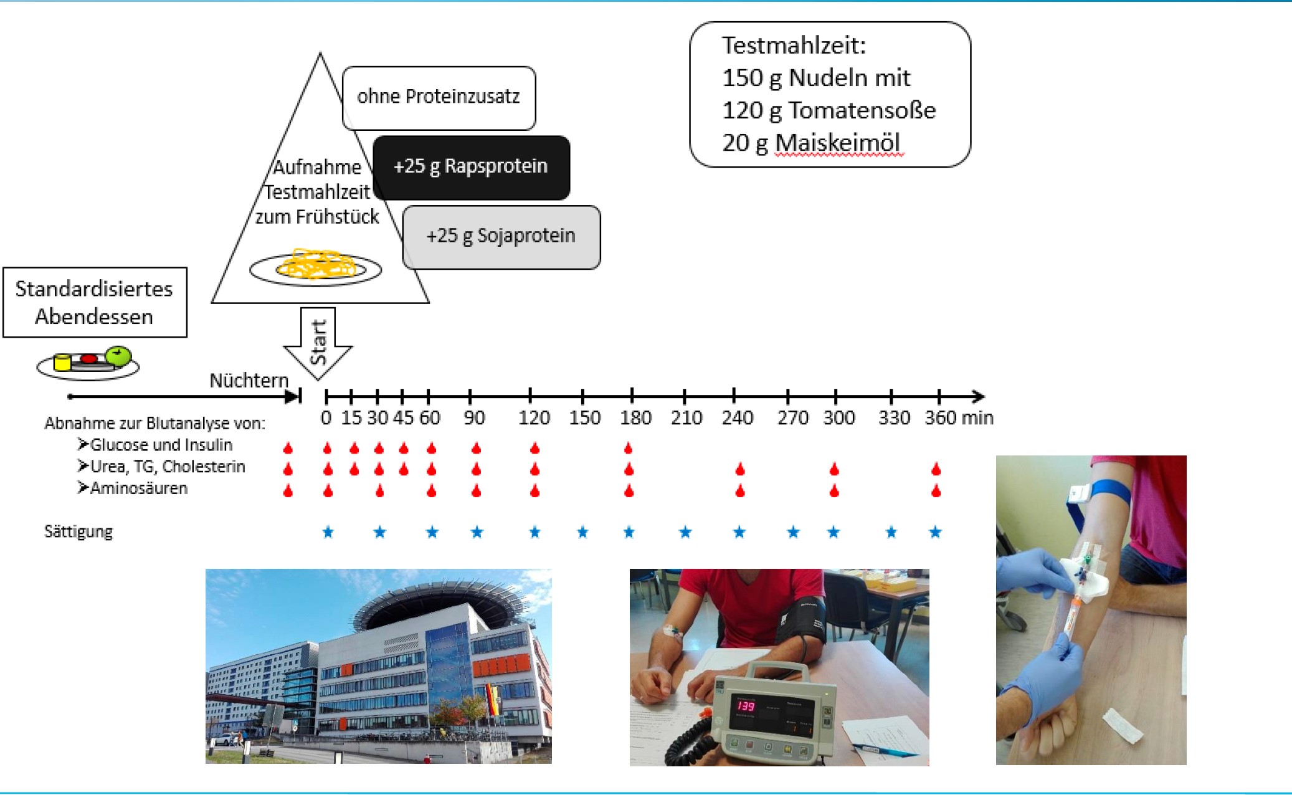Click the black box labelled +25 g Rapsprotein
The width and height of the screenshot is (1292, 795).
coord(471,167)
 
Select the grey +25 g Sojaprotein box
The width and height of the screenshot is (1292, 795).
coord(501,237)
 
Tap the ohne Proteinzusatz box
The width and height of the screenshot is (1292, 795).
coord(439,97)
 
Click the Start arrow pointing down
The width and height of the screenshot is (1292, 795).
coord(318,343)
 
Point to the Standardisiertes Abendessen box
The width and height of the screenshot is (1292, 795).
coord(95,302)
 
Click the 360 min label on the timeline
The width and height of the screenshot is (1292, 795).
coord(958,417)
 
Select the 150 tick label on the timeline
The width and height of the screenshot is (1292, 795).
coord(584,417)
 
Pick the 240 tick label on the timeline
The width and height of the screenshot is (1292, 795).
coord(737,417)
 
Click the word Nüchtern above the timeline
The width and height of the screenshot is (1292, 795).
coord(249,380)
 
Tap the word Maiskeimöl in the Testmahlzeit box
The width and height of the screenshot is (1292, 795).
coord(837,143)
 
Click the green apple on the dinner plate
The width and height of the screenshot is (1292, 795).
coord(118,356)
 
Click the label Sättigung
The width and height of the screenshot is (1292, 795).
coord(78,531)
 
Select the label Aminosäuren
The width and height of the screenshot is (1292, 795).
coord(138,488)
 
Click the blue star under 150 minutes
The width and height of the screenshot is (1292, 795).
coord(582,532)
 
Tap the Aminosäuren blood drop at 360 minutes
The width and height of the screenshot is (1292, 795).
coord(936,491)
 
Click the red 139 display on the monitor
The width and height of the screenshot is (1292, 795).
coord(746,706)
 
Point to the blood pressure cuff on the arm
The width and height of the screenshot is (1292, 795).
coord(804,620)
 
